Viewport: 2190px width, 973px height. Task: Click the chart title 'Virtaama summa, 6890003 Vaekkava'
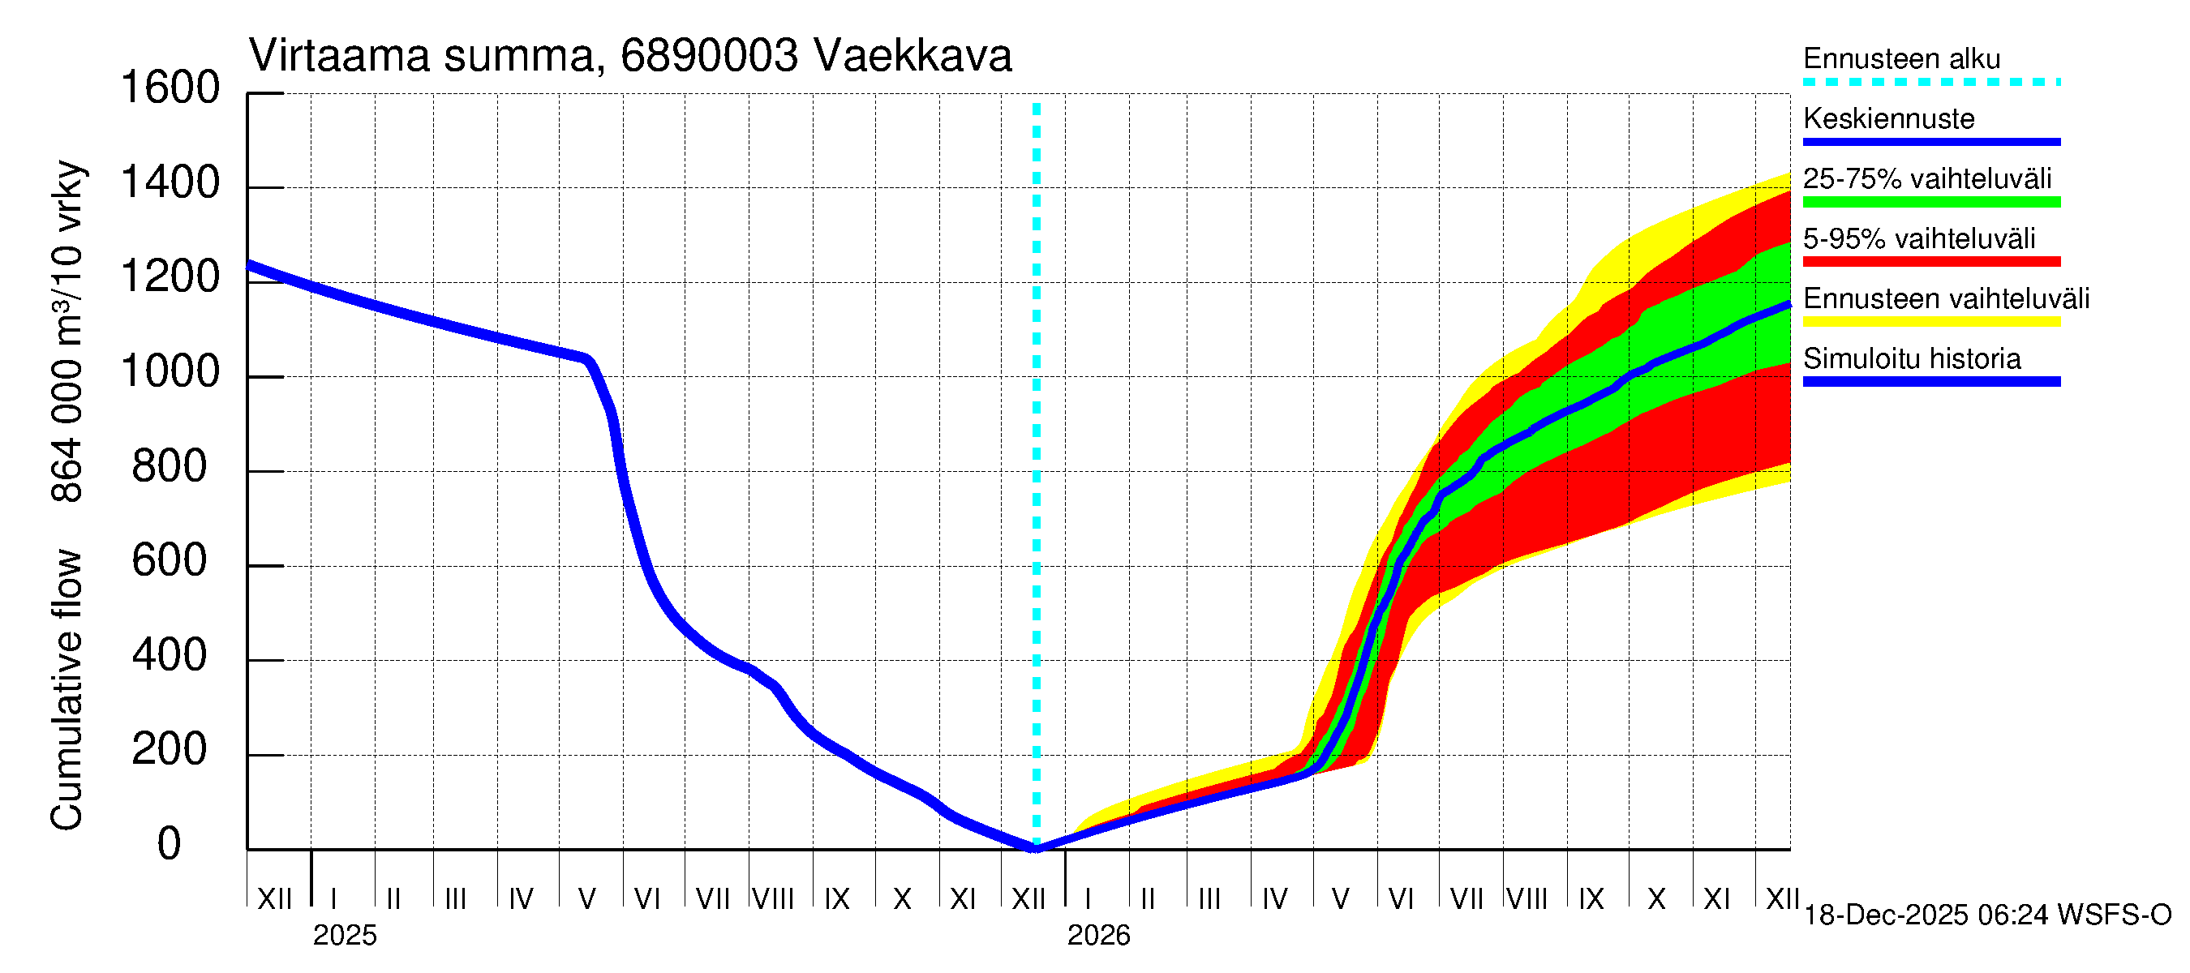pyautogui.click(x=630, y=56)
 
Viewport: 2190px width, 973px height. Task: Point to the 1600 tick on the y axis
pyautogui.click(x=170, y=88)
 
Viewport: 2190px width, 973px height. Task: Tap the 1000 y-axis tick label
pyautogui.click(x=170, y=371)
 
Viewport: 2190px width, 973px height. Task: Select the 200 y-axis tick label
pyautogui.click(x=170, y=749)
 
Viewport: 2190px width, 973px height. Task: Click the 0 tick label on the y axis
pyautogui.click(x=170, y=844)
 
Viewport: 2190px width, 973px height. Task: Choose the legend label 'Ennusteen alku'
pyautogui.click(x=1901, y=58)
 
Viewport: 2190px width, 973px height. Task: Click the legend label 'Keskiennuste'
pyautogui.click(x=1888, y=118)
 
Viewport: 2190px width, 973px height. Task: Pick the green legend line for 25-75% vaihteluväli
pyautogui.click(x=1930, y=201)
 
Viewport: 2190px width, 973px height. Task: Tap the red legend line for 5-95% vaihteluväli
pyautogui.click(x=1930, y=261)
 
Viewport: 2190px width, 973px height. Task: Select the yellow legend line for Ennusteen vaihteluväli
pyautogui.click(x=1930, y=321)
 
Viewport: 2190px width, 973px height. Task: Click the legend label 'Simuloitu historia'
pyautogui.click(x=1911, y=358)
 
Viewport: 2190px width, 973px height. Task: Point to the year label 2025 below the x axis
pyautogui.click(x=344, y=936)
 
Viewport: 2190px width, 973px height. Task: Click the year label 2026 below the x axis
pyautogui.click(x=1098, y=936)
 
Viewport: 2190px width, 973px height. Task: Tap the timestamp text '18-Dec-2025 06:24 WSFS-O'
pyautogui.click(x=1986, y=915)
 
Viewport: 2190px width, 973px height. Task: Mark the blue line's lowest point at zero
pyautogui.click(x=1036, y=847)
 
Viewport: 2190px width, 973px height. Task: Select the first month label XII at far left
pyautogui.click(x=274, y=899)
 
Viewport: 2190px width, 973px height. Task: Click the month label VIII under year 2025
pyautogui.click(x=773, y=899)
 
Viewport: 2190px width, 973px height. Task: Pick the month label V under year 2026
pyautogui.click(x=1340, y=899)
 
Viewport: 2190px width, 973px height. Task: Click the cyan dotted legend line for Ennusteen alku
pyautogui.click(x=1930, y=83)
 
